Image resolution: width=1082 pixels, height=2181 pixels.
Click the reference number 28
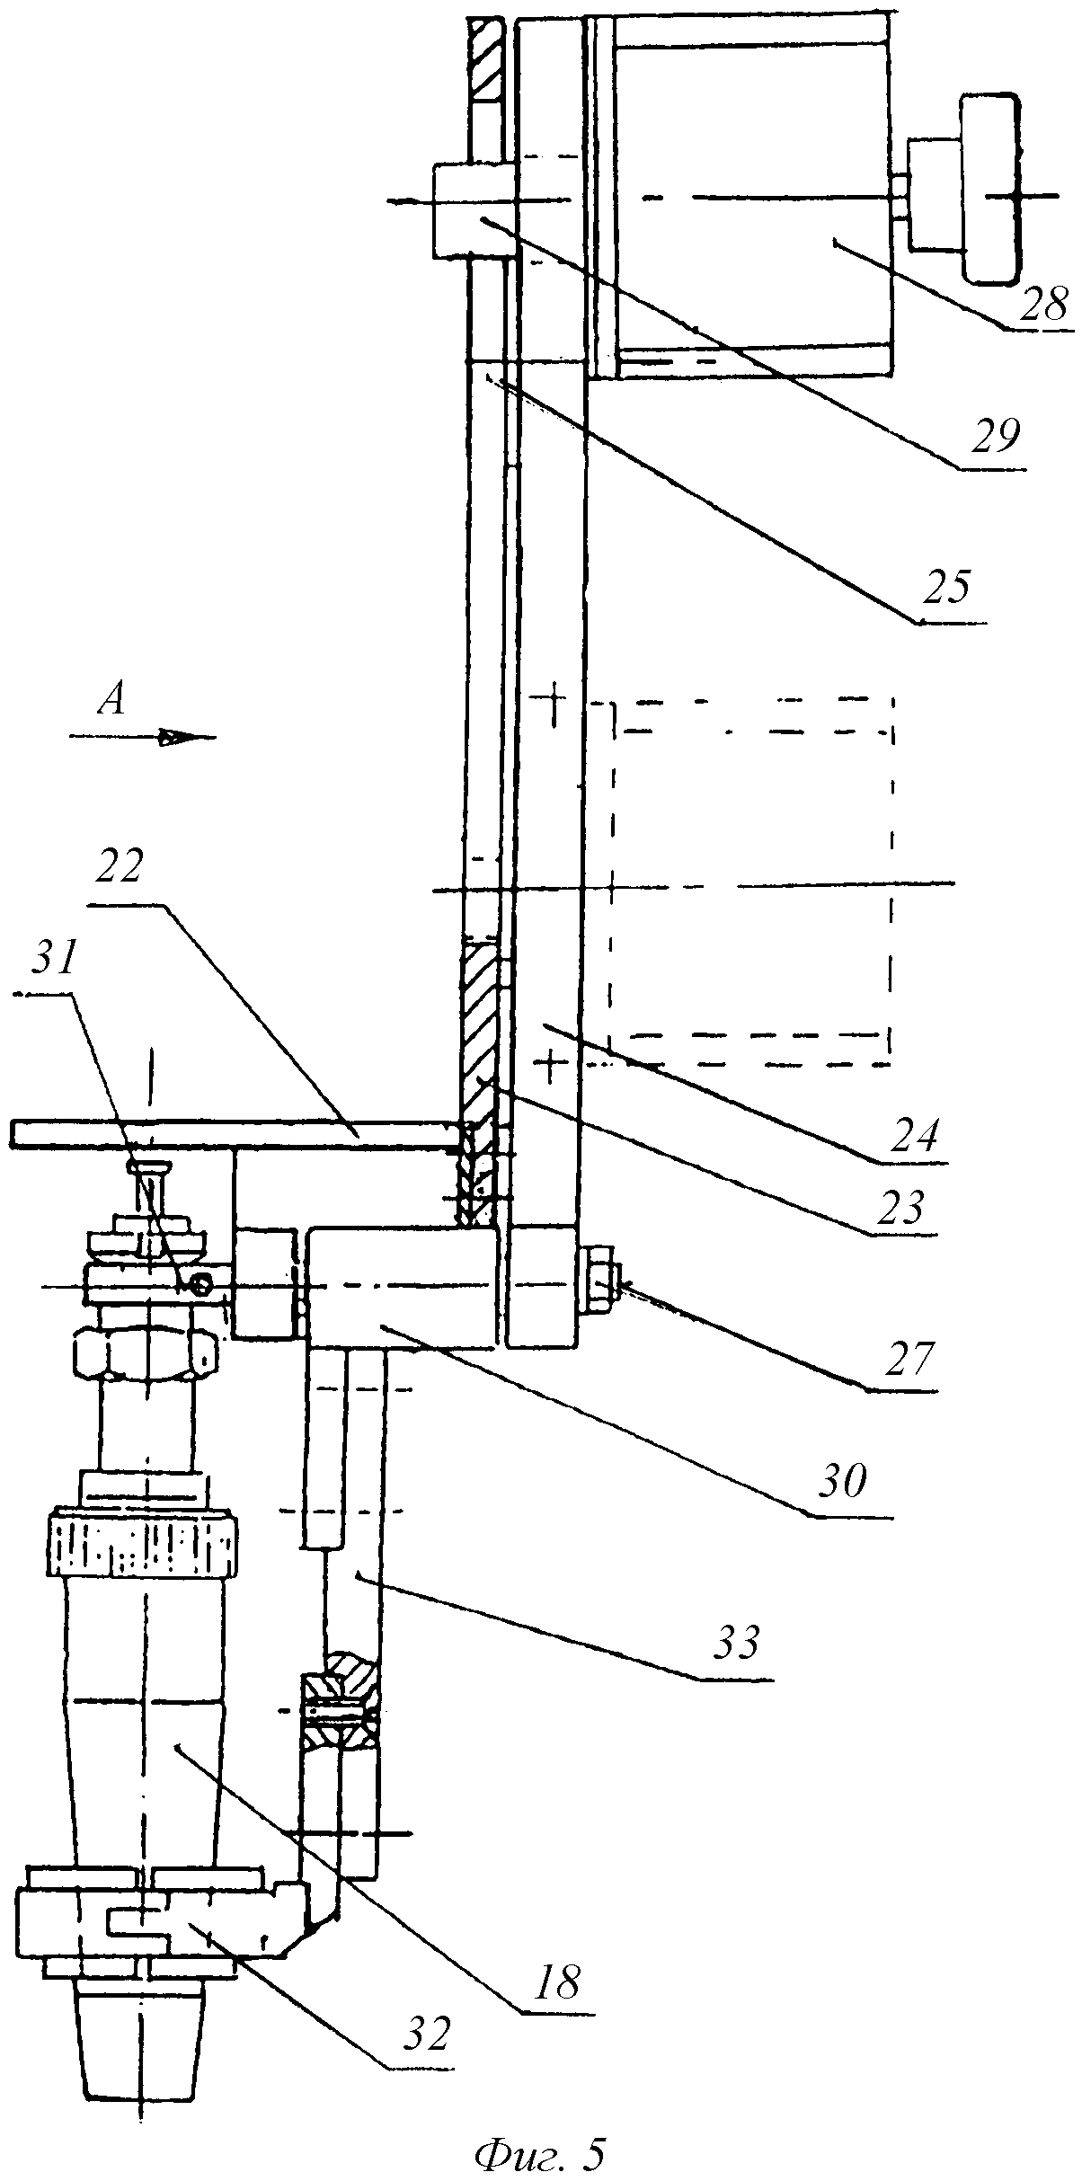pos(1043,304)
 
